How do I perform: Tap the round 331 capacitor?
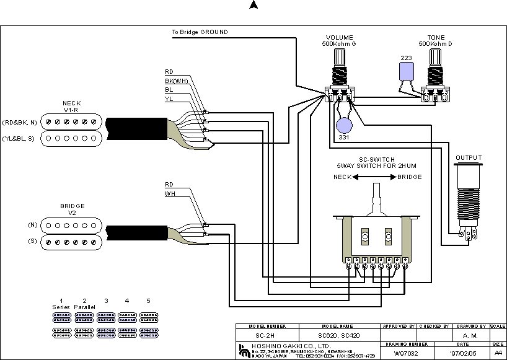tap(343, 125)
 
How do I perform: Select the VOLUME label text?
tap(339, 38)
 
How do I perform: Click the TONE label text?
tap(436, 38)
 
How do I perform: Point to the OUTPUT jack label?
tap(469, 158)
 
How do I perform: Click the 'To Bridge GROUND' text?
tap(200, 32)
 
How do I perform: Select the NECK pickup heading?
tap(71, 103)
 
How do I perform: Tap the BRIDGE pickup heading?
tap(73, 206)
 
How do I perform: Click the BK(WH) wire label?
tap(177, 81)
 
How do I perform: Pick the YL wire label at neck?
tap(169, 99)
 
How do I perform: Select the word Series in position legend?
tap(61, 307)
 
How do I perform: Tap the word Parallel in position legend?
tap(84, 307)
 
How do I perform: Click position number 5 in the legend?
tap(148, 301)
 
